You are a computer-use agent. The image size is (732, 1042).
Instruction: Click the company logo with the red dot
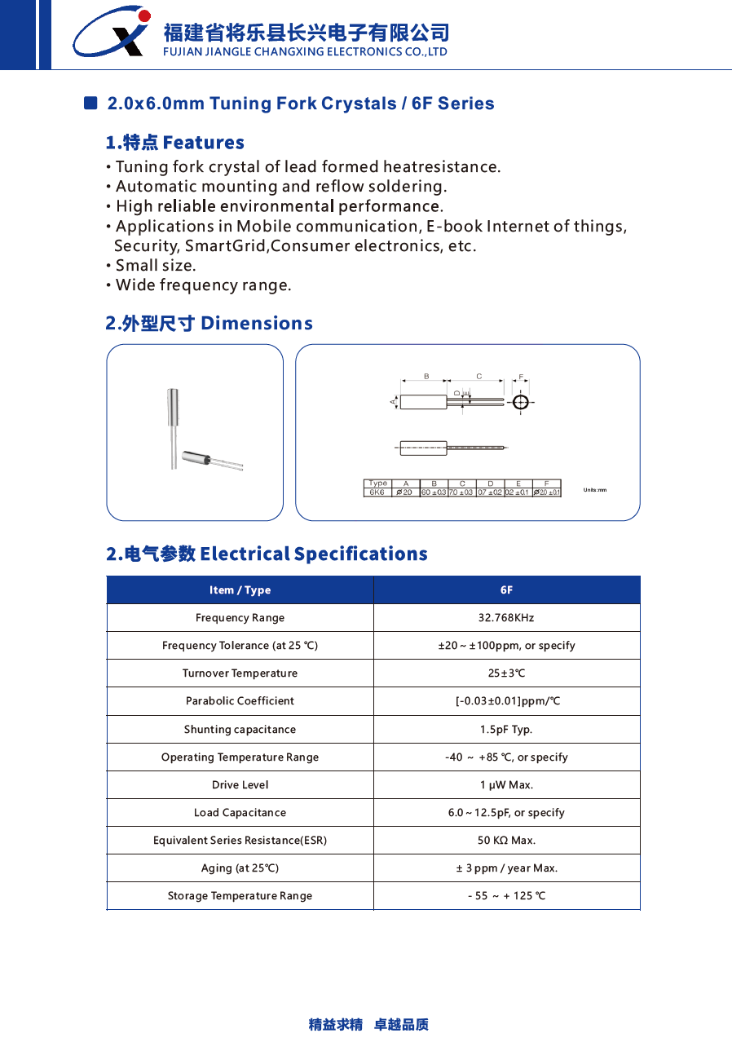click(112, 33)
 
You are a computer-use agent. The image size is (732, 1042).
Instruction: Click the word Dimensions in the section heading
click(256, 324)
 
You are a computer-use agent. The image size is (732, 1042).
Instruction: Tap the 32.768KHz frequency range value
click(506, 618)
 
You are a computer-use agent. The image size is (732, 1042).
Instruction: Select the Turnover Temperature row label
click(240, 673)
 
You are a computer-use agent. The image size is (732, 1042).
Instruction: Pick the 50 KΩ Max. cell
click(506, 841)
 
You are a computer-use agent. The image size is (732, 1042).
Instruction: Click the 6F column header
click(506, 590)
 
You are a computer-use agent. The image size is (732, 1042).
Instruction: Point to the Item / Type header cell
click(240, 590)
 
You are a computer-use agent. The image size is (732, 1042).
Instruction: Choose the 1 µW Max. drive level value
click(506, 785)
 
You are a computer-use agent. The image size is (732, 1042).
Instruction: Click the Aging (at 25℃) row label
click(240, 868)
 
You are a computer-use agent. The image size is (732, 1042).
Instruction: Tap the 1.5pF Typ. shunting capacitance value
click(506, 730)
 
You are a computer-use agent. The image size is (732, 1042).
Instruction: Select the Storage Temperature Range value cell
click(506, 896)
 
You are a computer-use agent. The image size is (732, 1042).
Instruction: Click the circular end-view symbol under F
click(520, 402)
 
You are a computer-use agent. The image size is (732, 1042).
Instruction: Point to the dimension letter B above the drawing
click(426, 376)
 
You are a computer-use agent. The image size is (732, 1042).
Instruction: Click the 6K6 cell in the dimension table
click(377, 492)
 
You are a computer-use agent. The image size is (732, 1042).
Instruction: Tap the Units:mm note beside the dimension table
click(595, 490)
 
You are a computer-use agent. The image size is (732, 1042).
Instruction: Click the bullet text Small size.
click(156, 266)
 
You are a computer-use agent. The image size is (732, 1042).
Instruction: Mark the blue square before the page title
click(90, 104)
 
